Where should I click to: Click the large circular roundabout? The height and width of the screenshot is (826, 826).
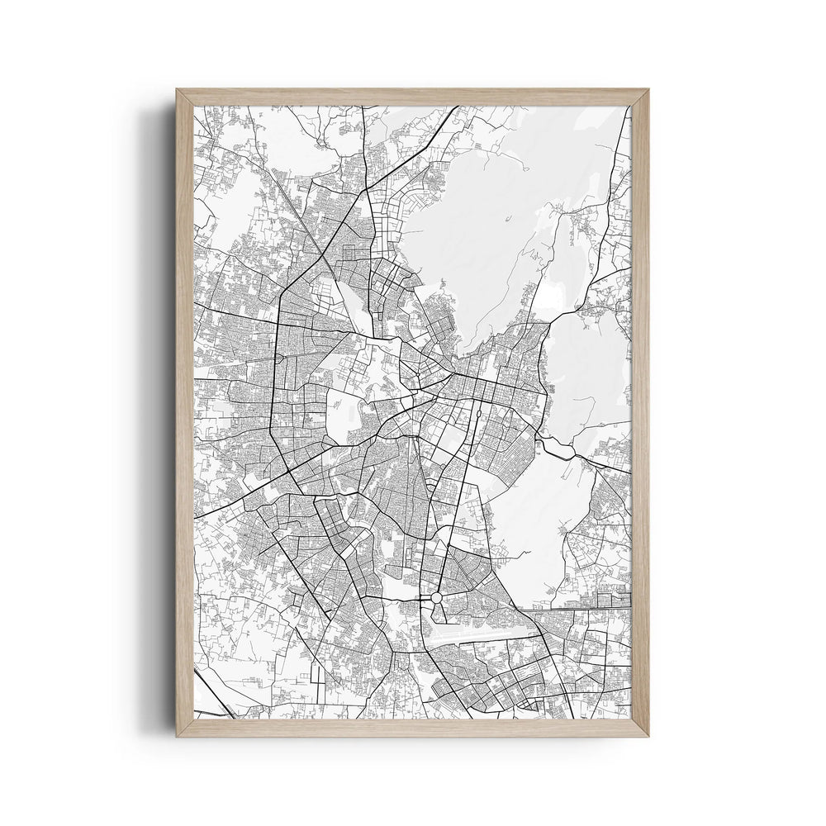(436, 596)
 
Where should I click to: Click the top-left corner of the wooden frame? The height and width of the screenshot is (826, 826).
(179, 92)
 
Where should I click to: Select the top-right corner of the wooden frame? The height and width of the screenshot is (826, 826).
(646, 92)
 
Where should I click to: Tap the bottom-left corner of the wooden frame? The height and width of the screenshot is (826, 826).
(179, 733)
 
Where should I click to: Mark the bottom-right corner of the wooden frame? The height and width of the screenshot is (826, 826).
(646, 733)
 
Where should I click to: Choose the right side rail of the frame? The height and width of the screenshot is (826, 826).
(640, 413)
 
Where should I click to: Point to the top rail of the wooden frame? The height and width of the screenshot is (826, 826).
(413, 97)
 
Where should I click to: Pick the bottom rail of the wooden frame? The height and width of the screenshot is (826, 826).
(413, 727)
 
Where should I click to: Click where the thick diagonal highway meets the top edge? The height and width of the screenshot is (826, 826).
(457, 107)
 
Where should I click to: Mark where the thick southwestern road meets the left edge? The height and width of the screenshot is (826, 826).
(196, 517)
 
